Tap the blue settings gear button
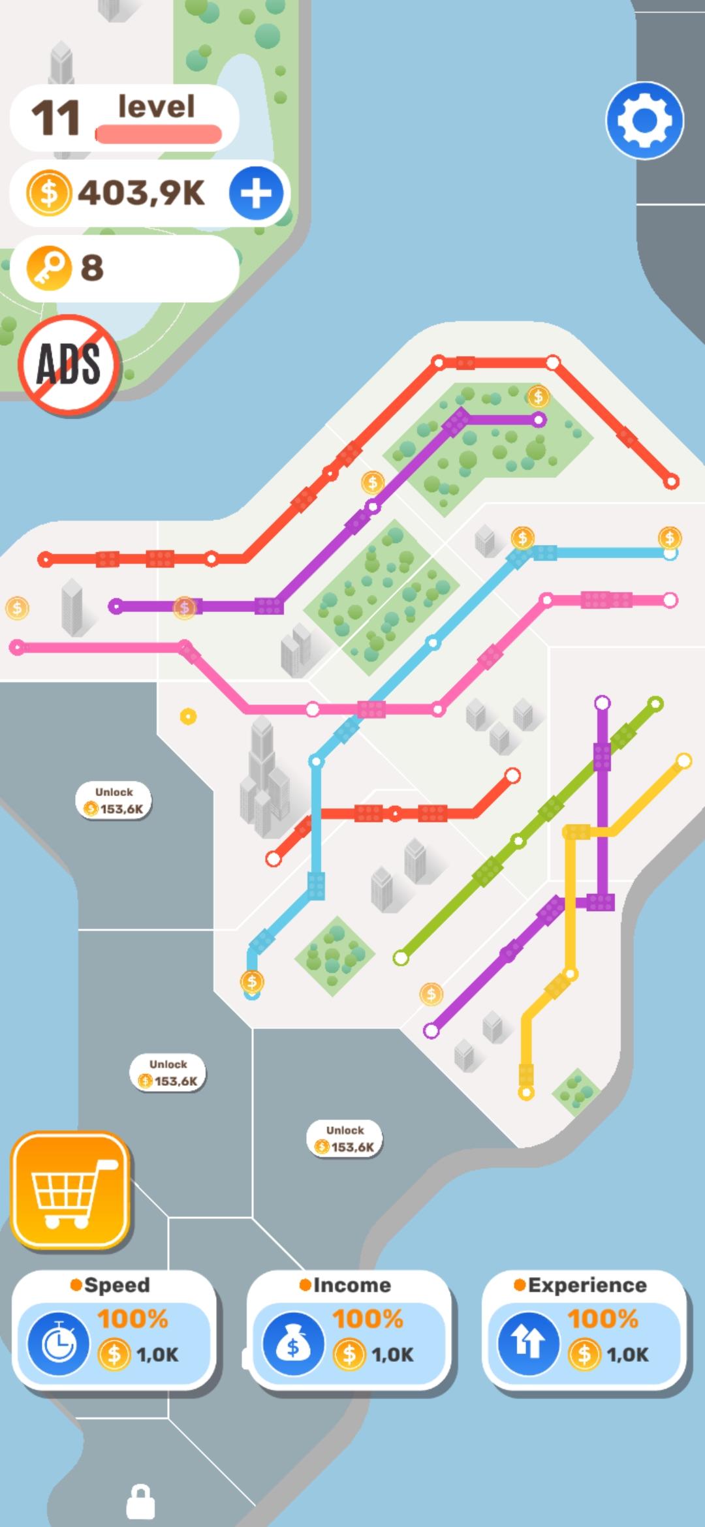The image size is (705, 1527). point(644,121)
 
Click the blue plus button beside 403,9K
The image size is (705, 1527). point(256,193)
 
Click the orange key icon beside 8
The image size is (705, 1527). point(48,268)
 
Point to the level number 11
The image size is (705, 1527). point(55,119)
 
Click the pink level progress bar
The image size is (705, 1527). point(158,134)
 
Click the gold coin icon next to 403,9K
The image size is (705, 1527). point(48,193)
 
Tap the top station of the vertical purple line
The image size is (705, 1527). point(602,703)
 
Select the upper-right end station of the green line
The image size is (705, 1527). point(656,703)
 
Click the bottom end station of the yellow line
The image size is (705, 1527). point(526,1092)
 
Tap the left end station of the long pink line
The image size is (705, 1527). point(17,647)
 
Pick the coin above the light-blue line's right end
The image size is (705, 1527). point(670,538)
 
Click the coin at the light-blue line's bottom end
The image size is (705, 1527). point(252,981)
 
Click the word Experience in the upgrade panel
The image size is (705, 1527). point(587,1285)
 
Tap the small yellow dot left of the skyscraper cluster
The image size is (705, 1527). point(188,717)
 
